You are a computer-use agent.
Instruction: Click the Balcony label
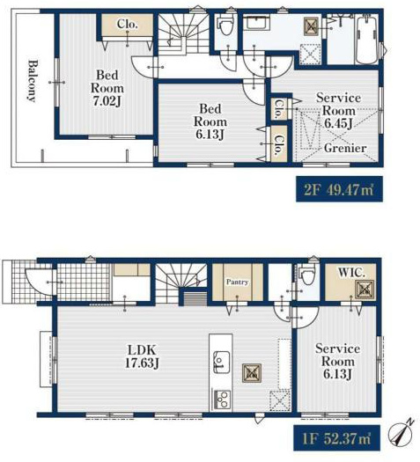(33, 81)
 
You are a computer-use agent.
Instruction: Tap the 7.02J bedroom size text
(107, 101)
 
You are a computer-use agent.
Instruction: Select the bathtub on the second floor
(366, 40)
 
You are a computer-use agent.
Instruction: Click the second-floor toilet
(225, 26)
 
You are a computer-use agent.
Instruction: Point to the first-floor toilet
(307, 274)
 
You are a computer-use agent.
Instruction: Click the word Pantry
(237, 282)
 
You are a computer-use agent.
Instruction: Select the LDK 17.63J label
(142, 356)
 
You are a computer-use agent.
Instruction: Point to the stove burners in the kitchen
(221, 400)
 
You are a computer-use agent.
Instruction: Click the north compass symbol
(399, 432)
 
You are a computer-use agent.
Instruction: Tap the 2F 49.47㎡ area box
(339, 189)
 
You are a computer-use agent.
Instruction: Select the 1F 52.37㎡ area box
(336, 438)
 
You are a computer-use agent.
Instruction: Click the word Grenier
(345, 148)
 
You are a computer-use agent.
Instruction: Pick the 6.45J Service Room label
(338, 111)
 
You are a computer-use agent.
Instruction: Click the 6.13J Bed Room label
(210, 121)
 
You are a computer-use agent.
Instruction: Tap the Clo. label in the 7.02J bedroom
(127, 24)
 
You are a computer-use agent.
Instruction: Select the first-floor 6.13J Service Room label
(337, 361)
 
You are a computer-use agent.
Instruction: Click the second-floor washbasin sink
(256, 23)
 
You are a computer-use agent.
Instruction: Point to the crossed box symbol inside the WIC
(365, 289)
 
